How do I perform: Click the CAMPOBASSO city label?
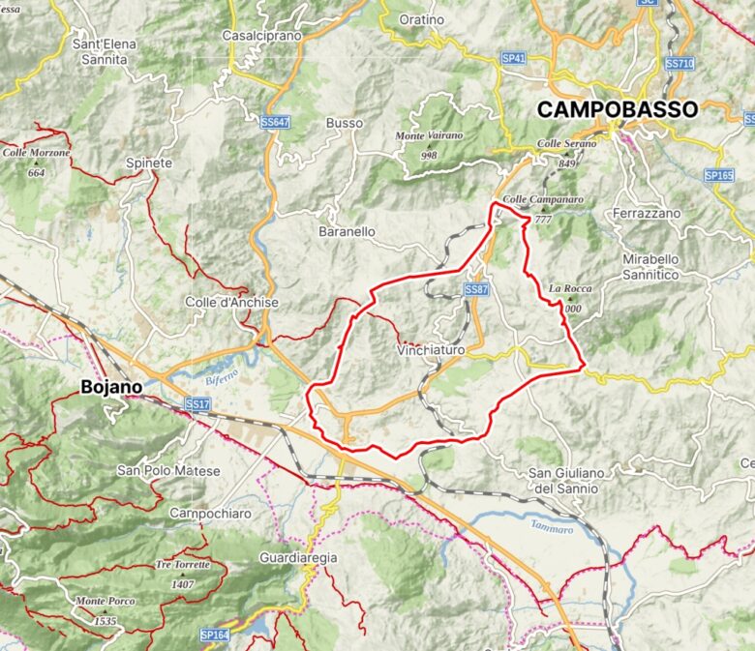pos(617,109)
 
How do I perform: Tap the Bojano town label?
pos(111,387)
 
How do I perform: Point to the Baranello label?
pos(347,232)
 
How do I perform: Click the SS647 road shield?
pos(276,123)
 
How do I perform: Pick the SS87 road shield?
pos(475,290)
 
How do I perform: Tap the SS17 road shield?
pos(197,403)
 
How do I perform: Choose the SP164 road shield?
pos(214,636)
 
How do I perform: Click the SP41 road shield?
pos(514,59)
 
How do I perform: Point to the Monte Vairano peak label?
pos(430,136)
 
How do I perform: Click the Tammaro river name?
pos(553,528)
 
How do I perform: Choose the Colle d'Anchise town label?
pos(232,303)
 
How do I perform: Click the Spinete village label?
pos(149,163)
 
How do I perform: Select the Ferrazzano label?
pos(647,212)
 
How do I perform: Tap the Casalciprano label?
pos(262,35)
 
